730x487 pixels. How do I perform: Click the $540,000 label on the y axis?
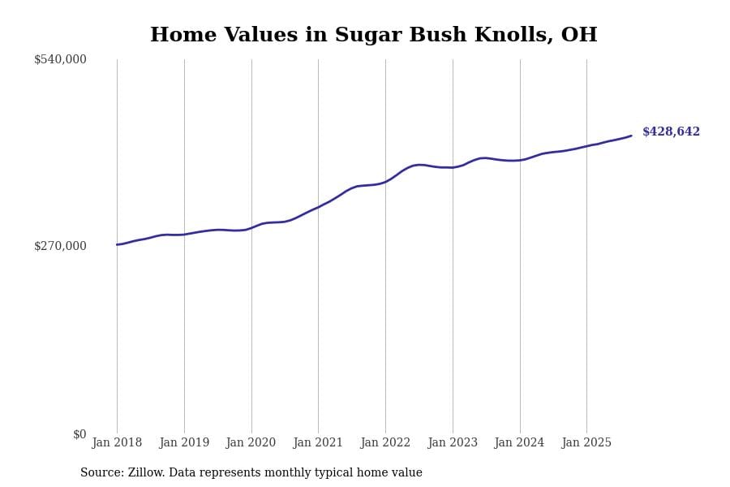point(60,59)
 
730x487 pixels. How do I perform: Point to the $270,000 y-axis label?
point(60,246)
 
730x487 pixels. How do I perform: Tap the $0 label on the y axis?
point(79,434)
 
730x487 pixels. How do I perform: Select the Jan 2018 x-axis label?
point(117,442)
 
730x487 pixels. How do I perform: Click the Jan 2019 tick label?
point(184,442)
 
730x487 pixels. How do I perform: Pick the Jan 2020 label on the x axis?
point(251,442)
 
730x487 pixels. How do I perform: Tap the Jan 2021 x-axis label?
point(318,442)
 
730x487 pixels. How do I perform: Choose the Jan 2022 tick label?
point(385,442)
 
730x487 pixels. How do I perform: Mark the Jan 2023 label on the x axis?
point(453,442)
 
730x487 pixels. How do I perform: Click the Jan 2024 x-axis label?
point(519,442)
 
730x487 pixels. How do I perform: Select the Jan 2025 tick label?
point(586,442)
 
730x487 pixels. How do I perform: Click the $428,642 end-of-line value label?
point(671,131)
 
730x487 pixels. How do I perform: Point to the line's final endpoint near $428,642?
point(631,136)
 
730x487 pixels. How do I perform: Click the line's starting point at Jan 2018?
point(117,244)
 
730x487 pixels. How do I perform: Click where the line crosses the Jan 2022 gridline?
point(385,182)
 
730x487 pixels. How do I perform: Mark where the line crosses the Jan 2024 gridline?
point(520,160)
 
